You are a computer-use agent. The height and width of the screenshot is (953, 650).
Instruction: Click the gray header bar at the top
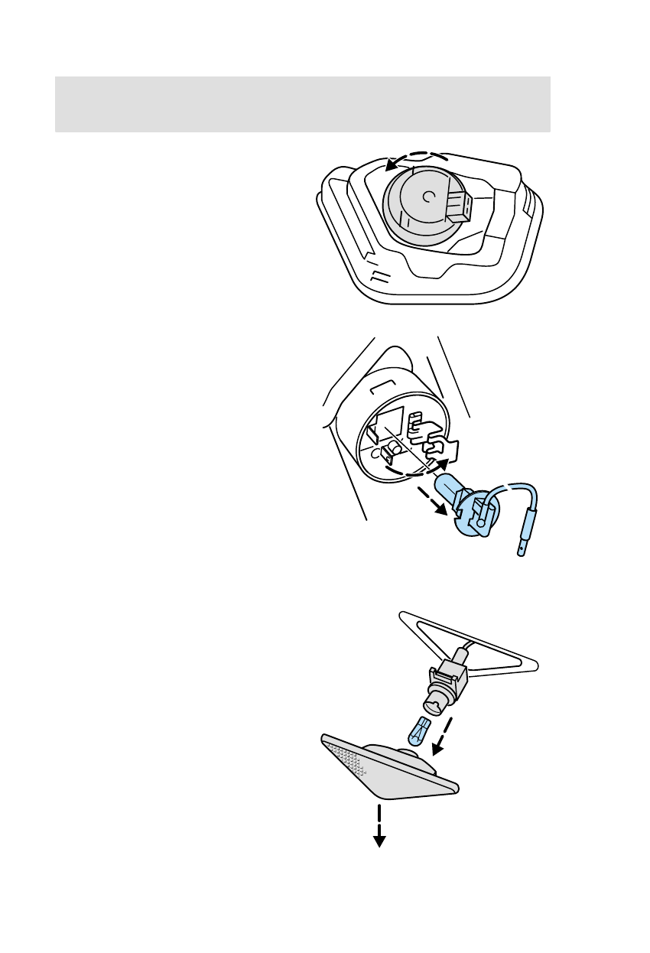click(x=303, y=103)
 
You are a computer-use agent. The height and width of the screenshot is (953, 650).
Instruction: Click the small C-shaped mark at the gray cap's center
click(x=427, y=197)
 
